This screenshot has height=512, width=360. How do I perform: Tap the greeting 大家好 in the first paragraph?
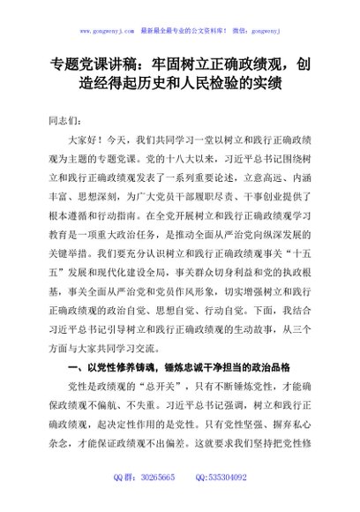tap(86, 139)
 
